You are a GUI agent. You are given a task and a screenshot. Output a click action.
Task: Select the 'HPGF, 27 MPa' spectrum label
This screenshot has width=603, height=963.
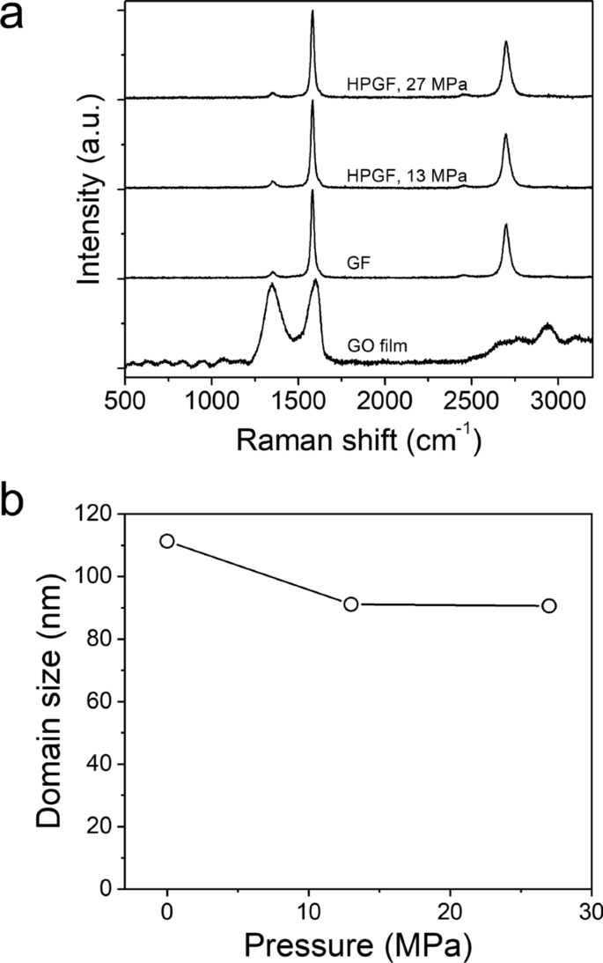point(407,85)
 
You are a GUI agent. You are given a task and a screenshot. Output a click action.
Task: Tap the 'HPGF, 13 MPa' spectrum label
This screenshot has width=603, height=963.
point(407,174)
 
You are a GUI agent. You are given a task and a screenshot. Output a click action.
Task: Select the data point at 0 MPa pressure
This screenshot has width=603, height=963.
point(167,541)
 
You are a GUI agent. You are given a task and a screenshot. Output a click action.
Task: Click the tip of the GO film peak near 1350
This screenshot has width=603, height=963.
point(272,284)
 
